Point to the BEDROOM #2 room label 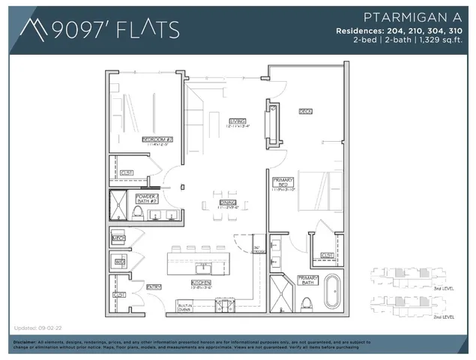coord(157,139)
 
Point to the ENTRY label coord(154,286)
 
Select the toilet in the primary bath coord(306,302)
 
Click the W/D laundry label coord(118,262)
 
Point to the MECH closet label coord(118,238)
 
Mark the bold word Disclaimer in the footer coord(27,342)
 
